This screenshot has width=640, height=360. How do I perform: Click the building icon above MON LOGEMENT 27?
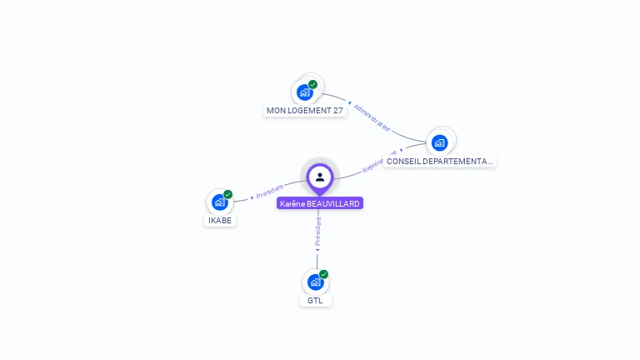coord(305,92)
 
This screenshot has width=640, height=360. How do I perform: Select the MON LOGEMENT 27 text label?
coord(305,111)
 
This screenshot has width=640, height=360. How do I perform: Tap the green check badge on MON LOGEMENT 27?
coord(313,84)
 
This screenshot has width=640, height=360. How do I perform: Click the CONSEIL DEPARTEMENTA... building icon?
coord(439,142)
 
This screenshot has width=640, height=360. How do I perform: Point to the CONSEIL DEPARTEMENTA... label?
coord(440,161)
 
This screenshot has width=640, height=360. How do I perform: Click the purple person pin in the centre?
coord(320,177)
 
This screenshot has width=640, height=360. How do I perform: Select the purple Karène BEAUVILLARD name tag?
coord(320,203)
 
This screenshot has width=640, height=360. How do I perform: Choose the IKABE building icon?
coord(219,202)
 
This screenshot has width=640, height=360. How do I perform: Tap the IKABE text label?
coord(220,221)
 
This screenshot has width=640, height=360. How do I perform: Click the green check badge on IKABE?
coord(228,194)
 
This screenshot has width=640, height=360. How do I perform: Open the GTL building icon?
coord(315,282)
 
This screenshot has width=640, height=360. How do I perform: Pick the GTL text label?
coord(315,301)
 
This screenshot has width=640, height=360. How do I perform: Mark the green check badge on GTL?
coord(324,274)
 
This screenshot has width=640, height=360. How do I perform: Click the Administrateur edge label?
coord(372,117)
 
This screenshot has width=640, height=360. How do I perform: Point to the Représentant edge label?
coord(380,162)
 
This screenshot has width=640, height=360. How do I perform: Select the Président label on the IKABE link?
coord(270,190)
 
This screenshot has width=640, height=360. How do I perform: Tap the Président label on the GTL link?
coord(317,234)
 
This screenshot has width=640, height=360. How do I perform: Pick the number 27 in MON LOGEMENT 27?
coord(337,111)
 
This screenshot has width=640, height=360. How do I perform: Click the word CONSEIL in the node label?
coord(403,161)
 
